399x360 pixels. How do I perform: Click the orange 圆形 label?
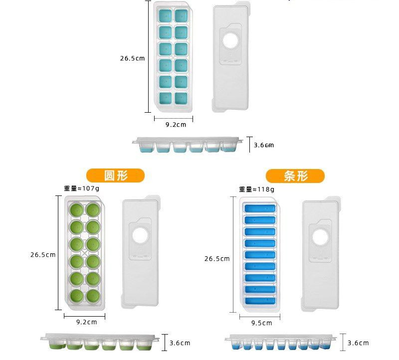115,176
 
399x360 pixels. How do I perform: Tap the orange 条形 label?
295,176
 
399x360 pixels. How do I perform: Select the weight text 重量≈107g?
81,189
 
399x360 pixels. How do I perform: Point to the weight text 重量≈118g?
256,189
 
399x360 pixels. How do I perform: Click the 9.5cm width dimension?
261,323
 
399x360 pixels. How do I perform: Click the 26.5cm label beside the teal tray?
132,58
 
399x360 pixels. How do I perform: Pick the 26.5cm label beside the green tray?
42,255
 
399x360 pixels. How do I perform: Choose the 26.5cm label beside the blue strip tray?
217,259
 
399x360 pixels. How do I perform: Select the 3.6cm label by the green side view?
180,343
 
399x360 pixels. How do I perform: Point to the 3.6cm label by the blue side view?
358,343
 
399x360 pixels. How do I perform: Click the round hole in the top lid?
230,41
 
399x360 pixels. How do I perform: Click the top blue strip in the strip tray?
259,207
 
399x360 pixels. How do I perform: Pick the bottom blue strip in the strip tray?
259,301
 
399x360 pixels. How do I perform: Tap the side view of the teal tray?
192,145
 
